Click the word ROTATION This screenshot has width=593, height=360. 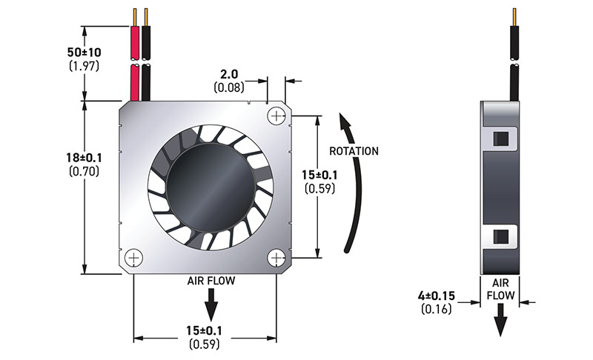click(x=354, y=151)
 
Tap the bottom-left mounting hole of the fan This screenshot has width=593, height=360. click(x=134, y=257)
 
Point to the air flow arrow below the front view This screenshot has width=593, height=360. click(x=211, y=301)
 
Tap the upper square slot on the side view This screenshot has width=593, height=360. click(x=502, y=138)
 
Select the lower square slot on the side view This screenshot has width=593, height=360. click(x=502, y=236)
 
